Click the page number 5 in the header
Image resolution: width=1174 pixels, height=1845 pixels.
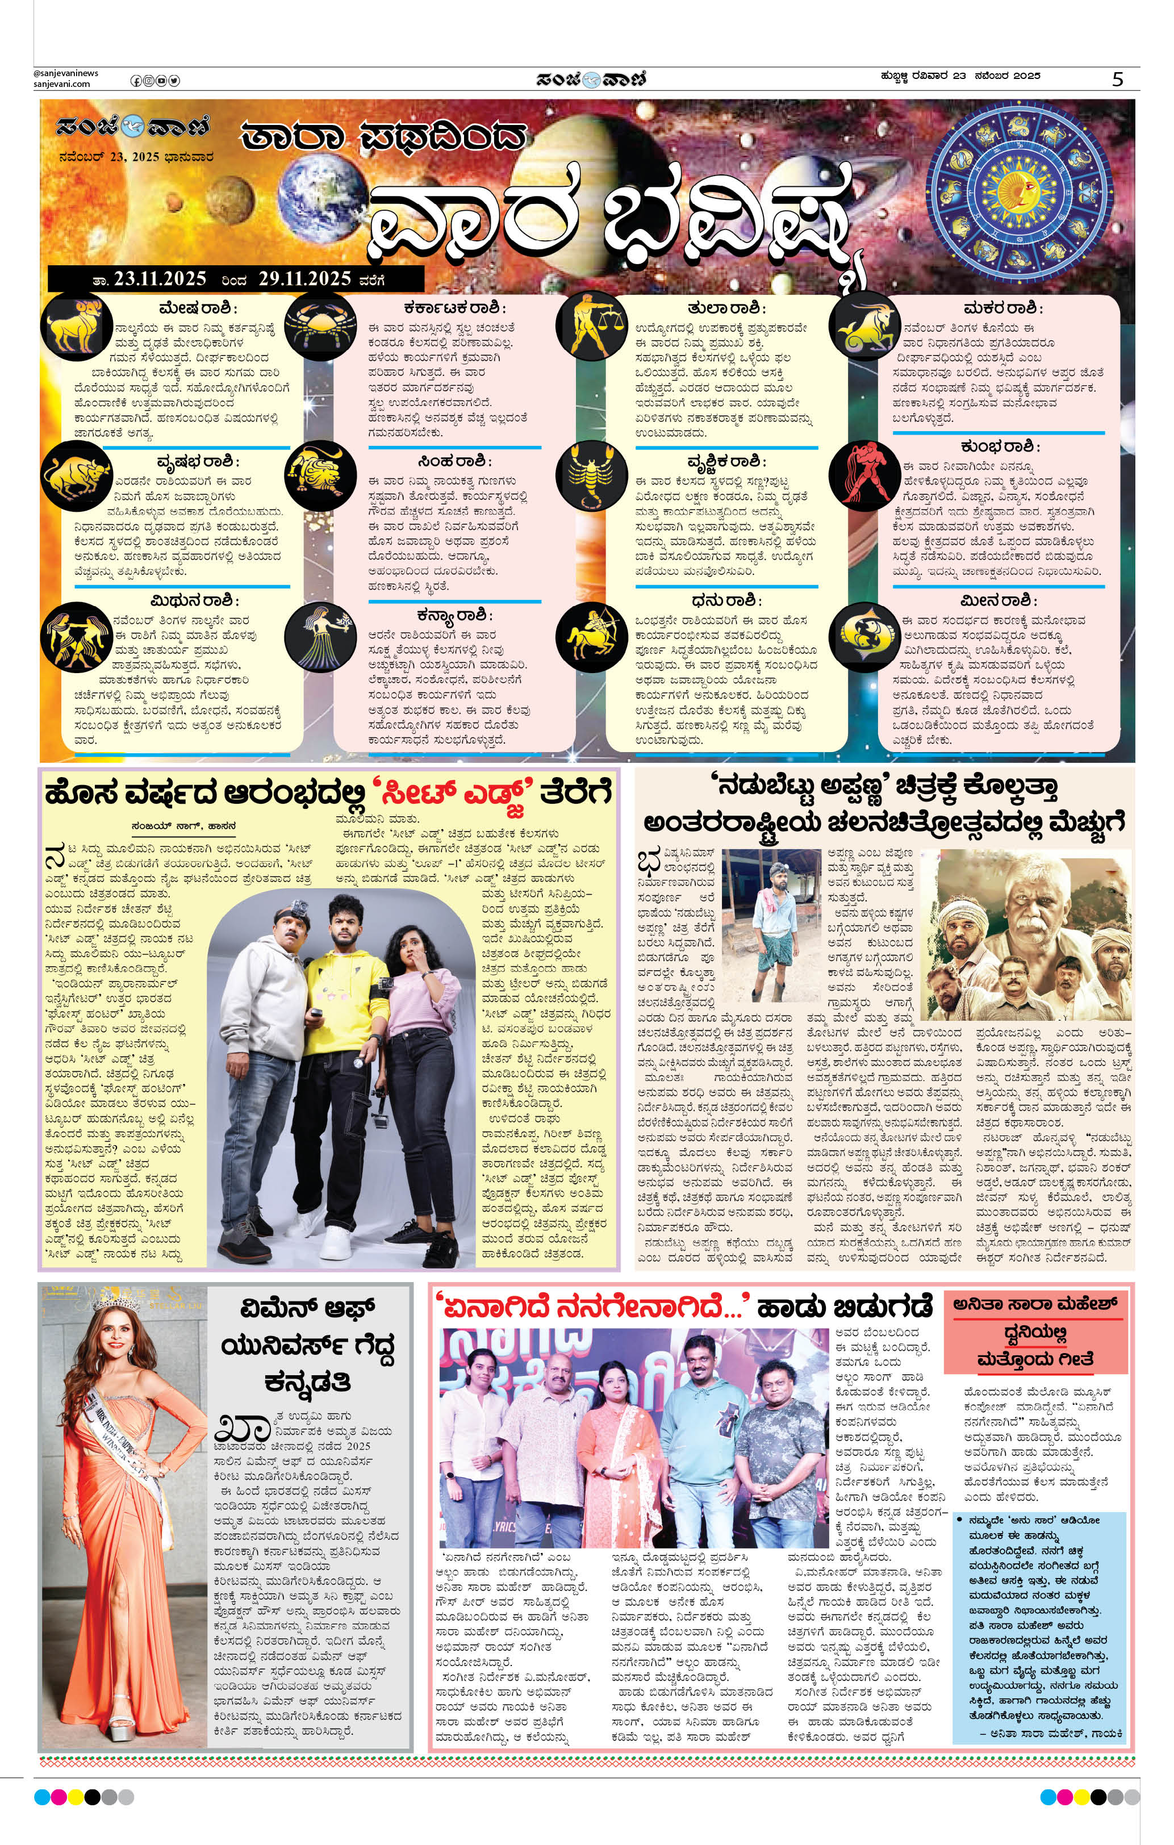coord(1118,79)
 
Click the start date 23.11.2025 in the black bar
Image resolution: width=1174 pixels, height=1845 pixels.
coord(160,279)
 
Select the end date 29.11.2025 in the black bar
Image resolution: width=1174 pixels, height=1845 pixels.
coord(304,279)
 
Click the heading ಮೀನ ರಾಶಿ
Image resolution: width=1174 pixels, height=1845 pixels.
coord(998,600)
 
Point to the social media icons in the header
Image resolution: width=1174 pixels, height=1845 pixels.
coord(155,81)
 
